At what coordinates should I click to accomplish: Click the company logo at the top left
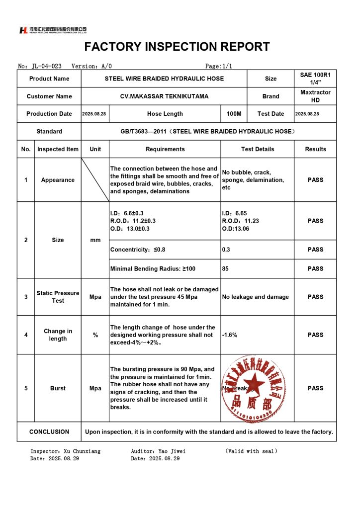click(x=52, y=30)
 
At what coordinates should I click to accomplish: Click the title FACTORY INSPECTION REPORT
click(x=177, y=47)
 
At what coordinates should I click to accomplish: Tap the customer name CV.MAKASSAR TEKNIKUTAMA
click(x=165, y=96)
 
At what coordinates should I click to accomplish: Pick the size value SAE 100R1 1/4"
click(x=315, y=79)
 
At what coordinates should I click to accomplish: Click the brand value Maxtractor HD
click(x=315, y=96)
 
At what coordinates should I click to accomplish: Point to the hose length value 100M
click(x=234, y=114)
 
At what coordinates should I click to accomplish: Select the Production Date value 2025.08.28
click(x=95, y=114)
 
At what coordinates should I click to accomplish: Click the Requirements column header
click(x=165, y=149)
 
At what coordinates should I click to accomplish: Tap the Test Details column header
click(x=258, y=149)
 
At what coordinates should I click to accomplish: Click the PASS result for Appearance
click(x=315, y=180)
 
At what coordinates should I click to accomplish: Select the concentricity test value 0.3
click(x=226, y=250)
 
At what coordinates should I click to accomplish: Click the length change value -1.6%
click(x=230, y=335)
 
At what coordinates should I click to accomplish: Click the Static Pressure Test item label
click(x=58, y=297)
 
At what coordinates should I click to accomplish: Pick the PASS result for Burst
click(x=315, y=388)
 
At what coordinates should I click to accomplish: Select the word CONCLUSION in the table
click(x=49, y=432)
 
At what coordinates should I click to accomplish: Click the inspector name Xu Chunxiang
click(x=82, y=451)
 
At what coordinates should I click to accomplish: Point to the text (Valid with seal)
click(x=251, y=451)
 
